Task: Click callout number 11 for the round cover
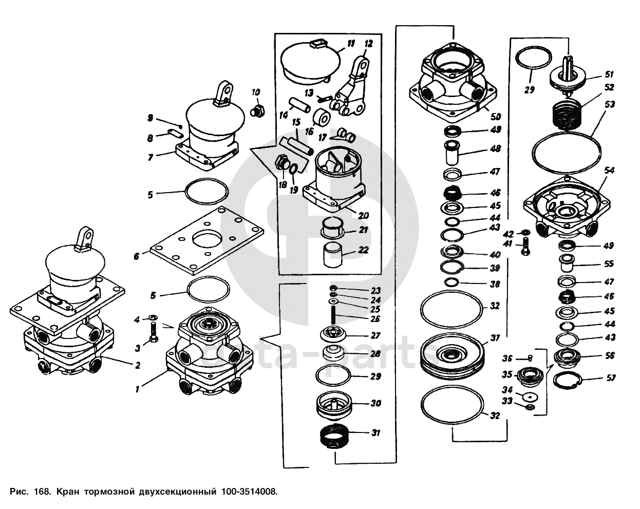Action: tap(350, 44)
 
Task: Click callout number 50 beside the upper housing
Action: tap(497, 116)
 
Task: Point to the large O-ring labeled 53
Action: tap(567, 150)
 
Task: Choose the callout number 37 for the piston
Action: tap(495, 338)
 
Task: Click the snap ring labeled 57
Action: tap(568, 380)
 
